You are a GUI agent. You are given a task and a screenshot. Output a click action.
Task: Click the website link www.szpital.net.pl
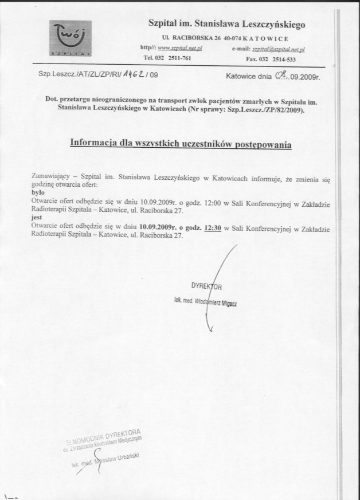(179, 49)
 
